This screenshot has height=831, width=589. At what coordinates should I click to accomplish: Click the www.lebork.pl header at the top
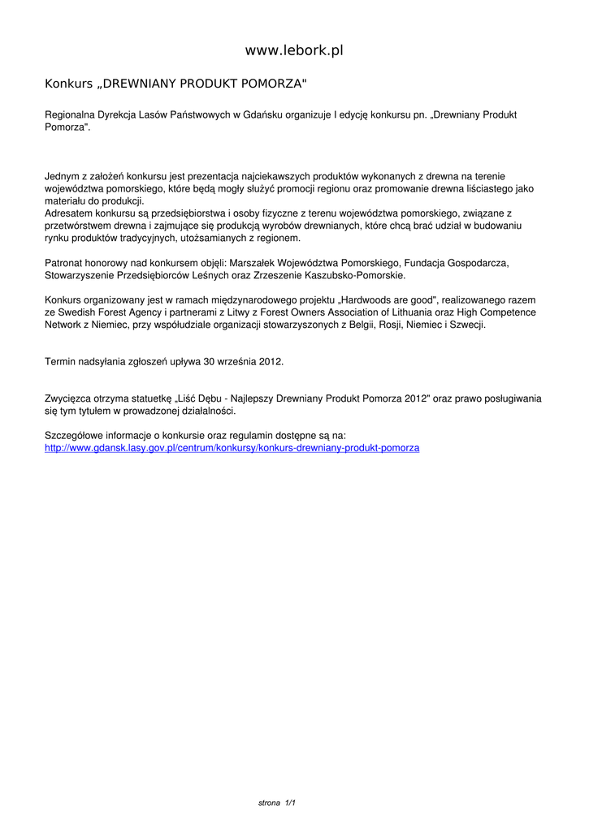pyautogui.click(x=294, y=50)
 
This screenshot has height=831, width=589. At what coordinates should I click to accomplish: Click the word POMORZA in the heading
pyautogui.click(x=273, y=84)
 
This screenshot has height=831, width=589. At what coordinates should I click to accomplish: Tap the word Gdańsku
pyautogui.click(x=262, y=115)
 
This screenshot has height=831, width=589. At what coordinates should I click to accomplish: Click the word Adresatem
pyautogui.click(x=69, y=213)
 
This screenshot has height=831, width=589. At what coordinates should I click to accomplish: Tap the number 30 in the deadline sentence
pyautogui.click(x=206, y=361)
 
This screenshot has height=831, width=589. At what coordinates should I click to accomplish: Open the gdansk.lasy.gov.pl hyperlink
pyautogui.click(x=232, y=448)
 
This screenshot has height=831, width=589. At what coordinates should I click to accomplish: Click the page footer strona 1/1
pyautogui.click(x=276, y=803)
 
